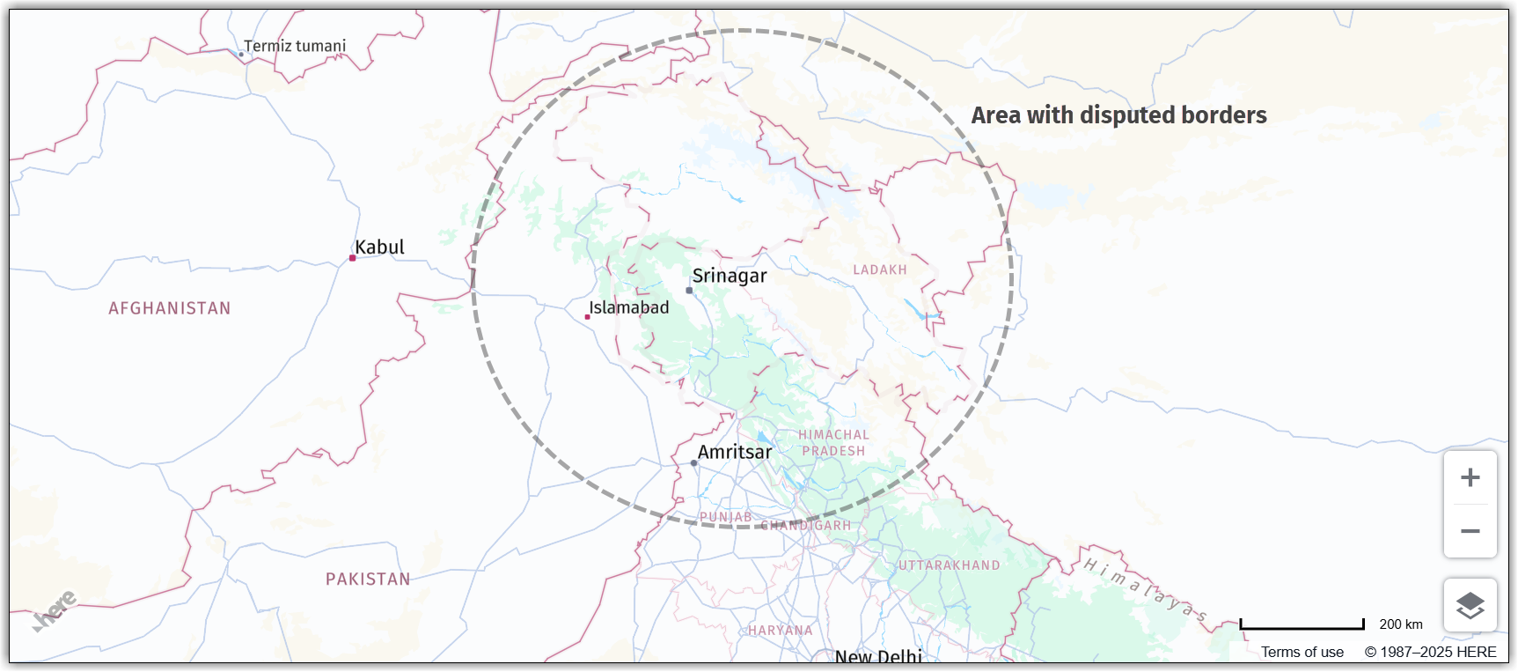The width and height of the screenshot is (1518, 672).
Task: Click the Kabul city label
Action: click(x=379, y=247)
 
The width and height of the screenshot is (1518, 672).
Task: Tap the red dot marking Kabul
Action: click(x=352, y=258)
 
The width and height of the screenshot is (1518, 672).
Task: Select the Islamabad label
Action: click(x=629, y=307)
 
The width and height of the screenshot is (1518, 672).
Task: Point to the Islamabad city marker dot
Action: click(x=587, y=317)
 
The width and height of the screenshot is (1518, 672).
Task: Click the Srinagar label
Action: click(x=730, y=276)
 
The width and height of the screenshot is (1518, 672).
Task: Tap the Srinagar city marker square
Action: click(x=689, y=290)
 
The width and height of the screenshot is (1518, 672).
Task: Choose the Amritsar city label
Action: click(x=735, y=452)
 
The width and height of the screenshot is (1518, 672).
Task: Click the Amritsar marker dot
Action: click(x=693, y=462)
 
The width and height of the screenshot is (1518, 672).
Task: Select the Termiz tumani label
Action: click(x=295, y=46)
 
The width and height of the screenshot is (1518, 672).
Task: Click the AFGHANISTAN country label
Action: click(x=170, y=308)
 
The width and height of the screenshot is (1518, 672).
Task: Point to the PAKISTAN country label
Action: click(x=368, y=579)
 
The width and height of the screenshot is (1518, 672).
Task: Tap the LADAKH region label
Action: click(x=879, y=270)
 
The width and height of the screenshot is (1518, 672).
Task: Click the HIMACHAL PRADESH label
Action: click(x=833, y=443)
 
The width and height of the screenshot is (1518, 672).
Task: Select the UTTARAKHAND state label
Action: click(x=949, y=565)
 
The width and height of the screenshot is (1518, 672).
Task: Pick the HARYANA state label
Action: click(x=781, y=631)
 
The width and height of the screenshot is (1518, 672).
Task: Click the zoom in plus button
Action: click(x=1470, y=477)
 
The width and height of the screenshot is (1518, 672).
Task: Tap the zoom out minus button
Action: click(x=1470, y=531)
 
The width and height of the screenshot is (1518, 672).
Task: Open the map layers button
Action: click(x=1470, y=605)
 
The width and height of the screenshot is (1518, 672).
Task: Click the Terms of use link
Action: click(x=1302, y=652)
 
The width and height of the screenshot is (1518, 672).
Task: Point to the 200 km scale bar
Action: click(x=1302, y=626)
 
